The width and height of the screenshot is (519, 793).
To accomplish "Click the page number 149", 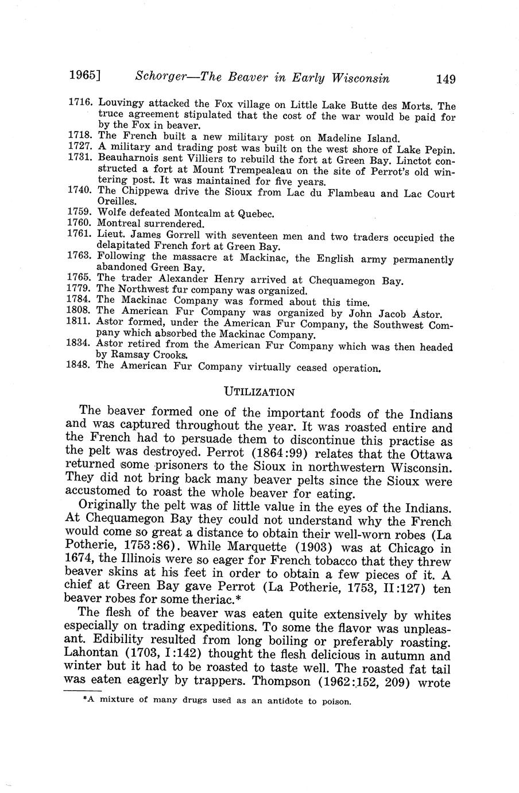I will (446, 78).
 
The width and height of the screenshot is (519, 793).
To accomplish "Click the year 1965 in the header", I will (84, 75).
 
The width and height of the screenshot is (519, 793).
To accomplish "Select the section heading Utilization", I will (259, 392).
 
